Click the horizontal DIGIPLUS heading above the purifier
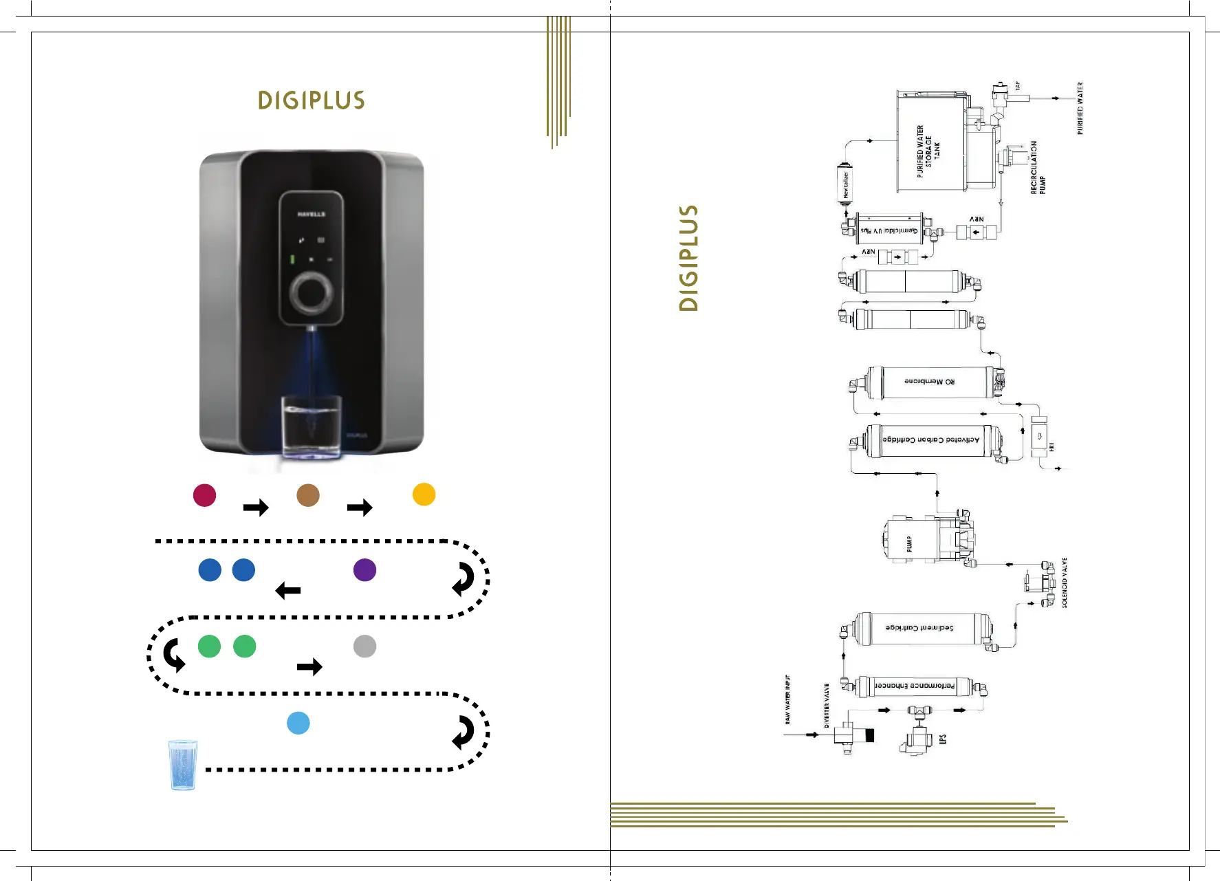[312, 100]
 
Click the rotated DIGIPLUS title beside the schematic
[688, 258]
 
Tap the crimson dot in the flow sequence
[205, 495]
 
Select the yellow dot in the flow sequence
[424, 494]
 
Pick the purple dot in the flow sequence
[364, 570]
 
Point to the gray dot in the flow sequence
[364, 646]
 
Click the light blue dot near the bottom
[298, 723]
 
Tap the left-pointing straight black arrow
[288, 591]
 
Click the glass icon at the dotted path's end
[183, 765]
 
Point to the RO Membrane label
[929, 382]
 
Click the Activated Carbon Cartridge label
[930, 440]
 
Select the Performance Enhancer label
[914, 686]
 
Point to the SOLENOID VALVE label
[1065, 583]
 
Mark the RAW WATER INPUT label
[787, 699]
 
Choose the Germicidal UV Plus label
[890, 230]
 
